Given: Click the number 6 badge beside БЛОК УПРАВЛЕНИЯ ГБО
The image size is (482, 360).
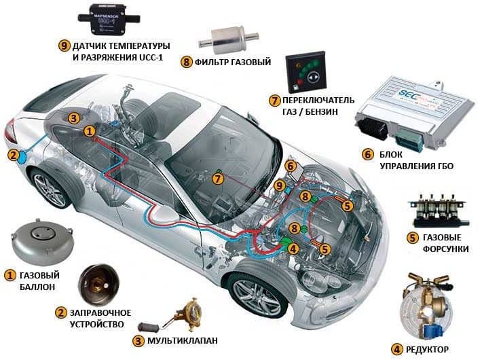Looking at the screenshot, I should click(368, 154).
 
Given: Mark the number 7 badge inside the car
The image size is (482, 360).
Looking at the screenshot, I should click(217, 179).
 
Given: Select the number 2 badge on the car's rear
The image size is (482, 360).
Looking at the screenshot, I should click(13, 155).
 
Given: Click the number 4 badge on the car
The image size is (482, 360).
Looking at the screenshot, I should click(293, 249).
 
